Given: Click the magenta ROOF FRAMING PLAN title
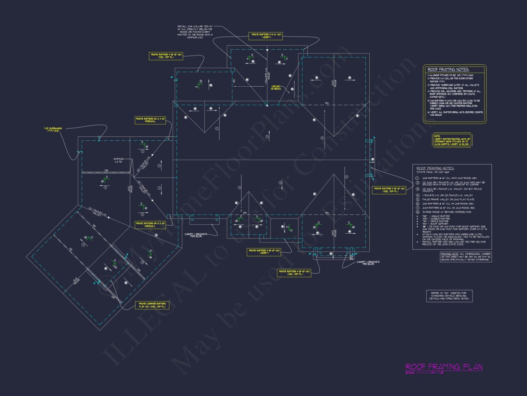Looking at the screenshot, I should point(444,367).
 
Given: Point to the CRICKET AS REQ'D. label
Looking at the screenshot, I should point(276,88).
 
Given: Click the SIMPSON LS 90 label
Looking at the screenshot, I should point(119,160).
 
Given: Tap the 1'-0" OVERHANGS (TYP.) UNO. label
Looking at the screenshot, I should point(53,129).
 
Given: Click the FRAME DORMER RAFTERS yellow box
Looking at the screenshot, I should point(152,306).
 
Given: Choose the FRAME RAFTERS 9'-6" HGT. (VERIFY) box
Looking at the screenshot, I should point(266,36).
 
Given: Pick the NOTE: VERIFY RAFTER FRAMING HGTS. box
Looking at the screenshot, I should point(452,140).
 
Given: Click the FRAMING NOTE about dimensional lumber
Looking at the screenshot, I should point(466,257).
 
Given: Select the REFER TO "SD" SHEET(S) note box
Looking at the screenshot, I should point(449,296).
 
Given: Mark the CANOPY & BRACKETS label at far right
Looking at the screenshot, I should point(368,263).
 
